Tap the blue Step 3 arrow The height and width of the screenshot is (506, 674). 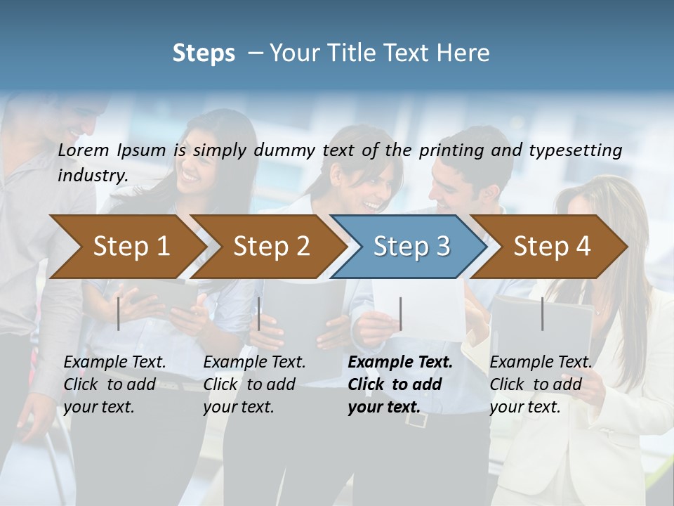click(411, 247)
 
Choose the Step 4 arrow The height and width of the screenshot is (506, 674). click(552, 247)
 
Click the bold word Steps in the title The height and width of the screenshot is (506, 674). click(204, 53)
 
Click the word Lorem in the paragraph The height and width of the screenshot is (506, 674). click(82, 150)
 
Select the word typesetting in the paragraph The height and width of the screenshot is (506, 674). click(576, 150)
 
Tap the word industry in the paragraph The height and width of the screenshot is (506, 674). click(92, 176)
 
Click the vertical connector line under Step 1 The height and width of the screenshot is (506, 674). click(119, 313)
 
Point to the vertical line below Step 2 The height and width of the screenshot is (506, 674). click(259, 313)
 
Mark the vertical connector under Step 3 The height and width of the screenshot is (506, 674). click(400, 313)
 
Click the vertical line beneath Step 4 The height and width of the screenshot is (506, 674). click(542, 313)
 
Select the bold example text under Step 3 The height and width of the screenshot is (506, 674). click(400, 384)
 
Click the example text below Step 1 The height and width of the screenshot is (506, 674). click(114, 384)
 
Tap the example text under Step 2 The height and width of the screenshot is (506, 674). click(254, 384)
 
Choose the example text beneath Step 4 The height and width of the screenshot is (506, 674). click(541, 384)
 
